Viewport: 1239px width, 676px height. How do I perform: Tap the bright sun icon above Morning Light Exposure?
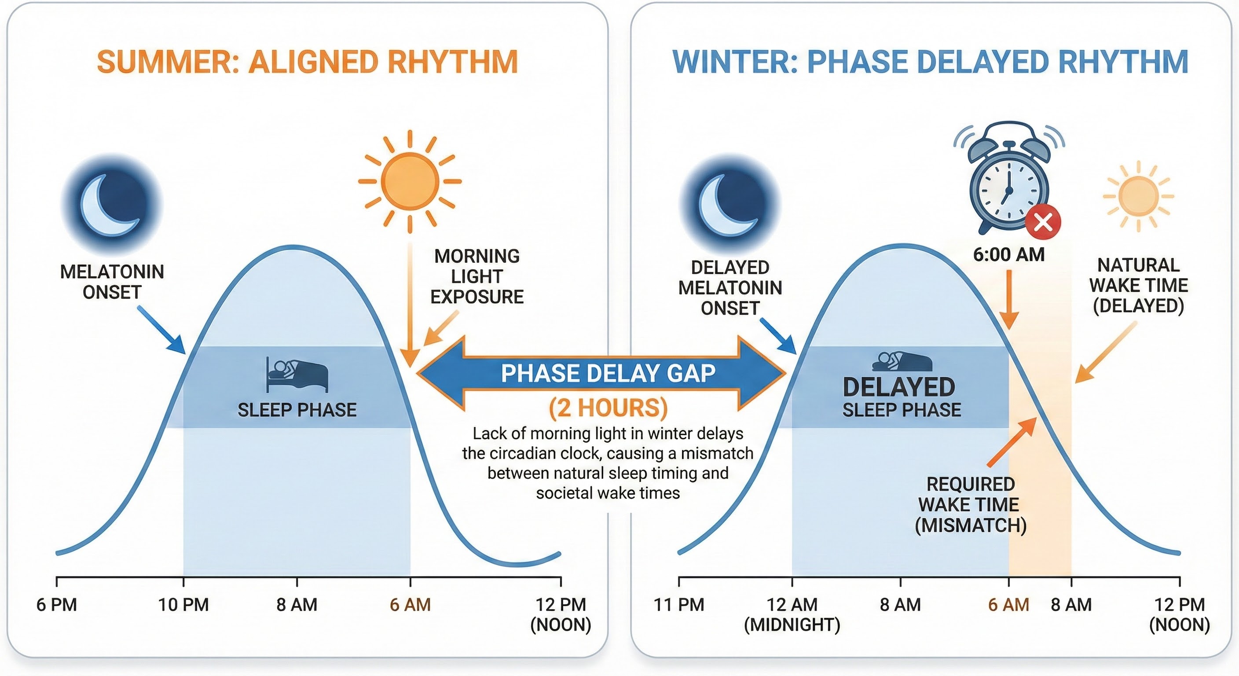click(410, 181)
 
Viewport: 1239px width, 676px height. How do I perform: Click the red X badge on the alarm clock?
click(1043, 222)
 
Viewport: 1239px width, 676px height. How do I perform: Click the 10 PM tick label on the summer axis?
click(183, 604)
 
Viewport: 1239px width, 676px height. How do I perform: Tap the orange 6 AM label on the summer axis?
click(410, 604)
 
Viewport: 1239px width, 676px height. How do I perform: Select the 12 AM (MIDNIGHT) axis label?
click(792, 614)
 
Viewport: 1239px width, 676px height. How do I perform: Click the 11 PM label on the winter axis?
click(678, 604)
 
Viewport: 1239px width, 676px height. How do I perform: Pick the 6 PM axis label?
click(57, 604)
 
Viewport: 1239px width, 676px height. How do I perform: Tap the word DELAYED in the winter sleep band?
click(898, 387)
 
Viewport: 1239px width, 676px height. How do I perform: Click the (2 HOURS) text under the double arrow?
click(608, 408)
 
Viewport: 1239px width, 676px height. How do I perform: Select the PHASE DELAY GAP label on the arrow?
click(608, 373)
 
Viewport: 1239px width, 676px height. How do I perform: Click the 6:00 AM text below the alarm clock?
click(1008, 254)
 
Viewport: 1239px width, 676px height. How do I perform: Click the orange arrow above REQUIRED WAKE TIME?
click(1012, 442)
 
